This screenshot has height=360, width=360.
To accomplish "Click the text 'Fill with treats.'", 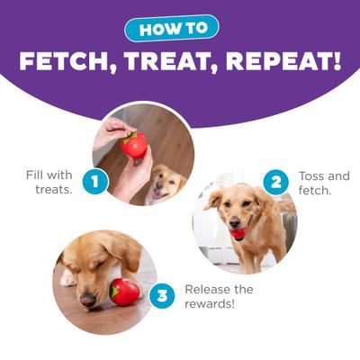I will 49,182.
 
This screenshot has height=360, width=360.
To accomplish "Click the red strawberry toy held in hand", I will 135,144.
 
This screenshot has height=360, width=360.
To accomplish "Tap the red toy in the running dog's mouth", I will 238,234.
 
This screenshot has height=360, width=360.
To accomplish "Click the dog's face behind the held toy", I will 166,184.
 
